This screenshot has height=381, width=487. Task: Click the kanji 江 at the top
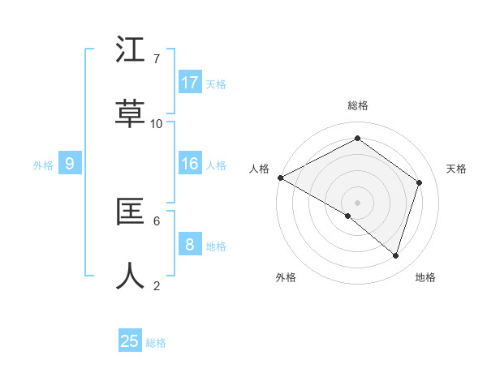[131, 50]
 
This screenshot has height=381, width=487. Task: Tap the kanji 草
[131, 114]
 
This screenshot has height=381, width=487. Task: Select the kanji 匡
[131, 212]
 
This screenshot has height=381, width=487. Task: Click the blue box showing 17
[190, 83]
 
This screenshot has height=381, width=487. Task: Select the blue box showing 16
[190, 164]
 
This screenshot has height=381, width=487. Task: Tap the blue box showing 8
[190, 245]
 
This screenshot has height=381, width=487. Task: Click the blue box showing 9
[70, 164]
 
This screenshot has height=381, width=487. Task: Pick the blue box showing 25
[130, 341]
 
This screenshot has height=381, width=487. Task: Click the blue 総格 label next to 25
[157, 343]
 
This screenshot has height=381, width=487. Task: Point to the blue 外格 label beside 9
[43, 165]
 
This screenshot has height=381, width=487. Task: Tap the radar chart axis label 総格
[358, 105]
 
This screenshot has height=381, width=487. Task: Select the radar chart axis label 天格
[457, 169]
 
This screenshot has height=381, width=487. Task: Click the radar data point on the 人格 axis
[280, 178]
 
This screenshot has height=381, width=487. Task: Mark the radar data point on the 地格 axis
[395, 255]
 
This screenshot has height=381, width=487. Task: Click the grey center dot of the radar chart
[357, 202]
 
